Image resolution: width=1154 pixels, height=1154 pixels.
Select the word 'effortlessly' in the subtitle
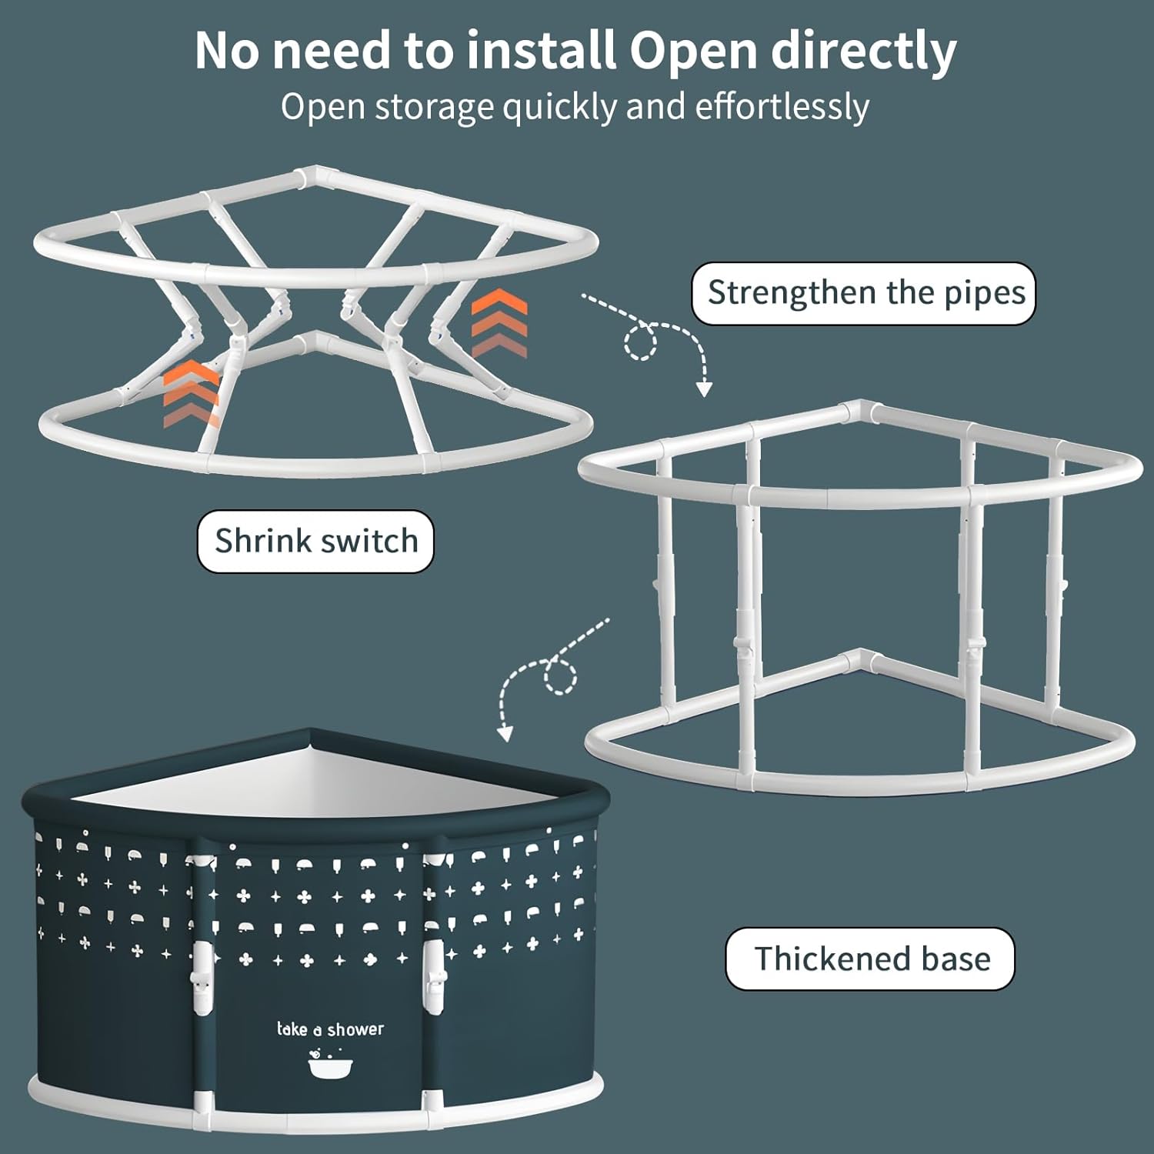(x=782, y=107)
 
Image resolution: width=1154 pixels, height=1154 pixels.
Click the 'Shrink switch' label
(x=315, y=542)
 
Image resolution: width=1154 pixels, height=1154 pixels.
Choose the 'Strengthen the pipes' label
(x=864, y=293)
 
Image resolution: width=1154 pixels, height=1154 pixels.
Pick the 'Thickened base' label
(x=870, y=959)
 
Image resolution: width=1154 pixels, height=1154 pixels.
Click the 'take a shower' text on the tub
(x=330, y=1029)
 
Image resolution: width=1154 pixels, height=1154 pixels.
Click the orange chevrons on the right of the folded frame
(x=499, y=323)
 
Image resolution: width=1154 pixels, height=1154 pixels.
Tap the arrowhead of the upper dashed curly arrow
(x=703, y=389)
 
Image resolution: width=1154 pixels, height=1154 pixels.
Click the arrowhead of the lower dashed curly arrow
(x=505, y=732)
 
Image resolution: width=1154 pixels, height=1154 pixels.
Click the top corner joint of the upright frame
(x=861, y=412)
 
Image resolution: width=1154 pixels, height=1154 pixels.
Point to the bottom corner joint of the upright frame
(x=861, y=662)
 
